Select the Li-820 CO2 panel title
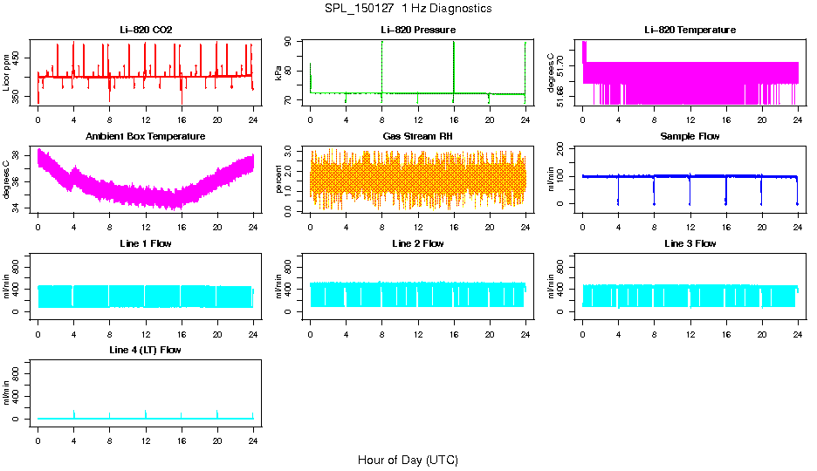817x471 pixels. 146,30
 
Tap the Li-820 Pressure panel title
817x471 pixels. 417,30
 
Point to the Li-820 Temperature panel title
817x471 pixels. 690,30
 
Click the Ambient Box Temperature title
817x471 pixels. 146,137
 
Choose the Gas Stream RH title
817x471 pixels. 417,137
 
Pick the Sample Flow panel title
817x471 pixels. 690,137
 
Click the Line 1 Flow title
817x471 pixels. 146,243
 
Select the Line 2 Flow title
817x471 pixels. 417,243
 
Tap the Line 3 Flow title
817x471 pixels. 690,243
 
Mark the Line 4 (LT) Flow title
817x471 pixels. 146,350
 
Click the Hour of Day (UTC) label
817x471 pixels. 408,460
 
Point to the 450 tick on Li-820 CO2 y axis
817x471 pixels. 22,58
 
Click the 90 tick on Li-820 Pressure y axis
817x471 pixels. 294,42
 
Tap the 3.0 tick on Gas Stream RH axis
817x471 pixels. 294,151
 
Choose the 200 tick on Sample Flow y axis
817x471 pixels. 566,149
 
